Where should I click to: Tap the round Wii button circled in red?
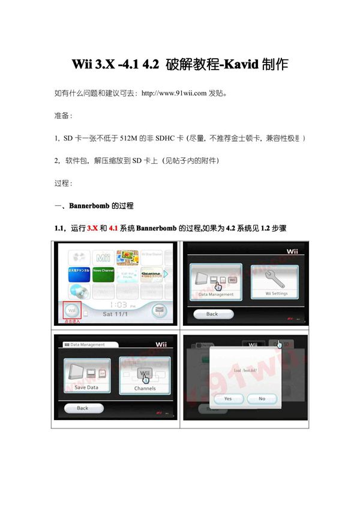(x=72, y=310)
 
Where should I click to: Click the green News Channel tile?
(x=104, y=272)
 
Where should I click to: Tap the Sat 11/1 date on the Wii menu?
(x=116, y=314)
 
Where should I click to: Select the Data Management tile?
(x=216, y=281)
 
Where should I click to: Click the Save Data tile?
(x=87, y=375)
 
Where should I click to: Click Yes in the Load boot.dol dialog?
(x=228, y=398)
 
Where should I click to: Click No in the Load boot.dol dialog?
(x=262, y=398)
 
